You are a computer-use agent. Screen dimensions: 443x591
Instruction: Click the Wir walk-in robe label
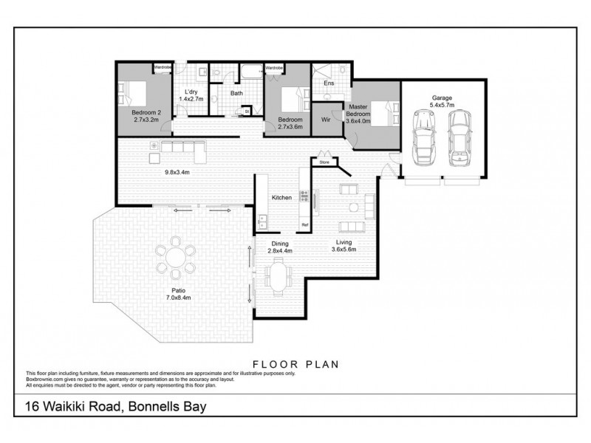325,118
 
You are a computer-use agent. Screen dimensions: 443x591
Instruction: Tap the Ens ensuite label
329,83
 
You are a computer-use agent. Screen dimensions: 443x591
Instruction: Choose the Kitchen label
281,198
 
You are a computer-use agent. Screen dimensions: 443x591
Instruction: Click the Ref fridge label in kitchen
304,224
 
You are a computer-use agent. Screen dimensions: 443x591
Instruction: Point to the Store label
323,160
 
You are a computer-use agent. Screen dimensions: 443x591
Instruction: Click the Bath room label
236,94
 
